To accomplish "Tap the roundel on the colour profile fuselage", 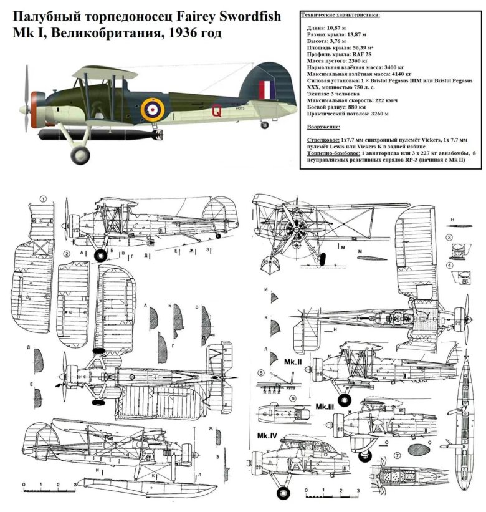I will coord(151,109).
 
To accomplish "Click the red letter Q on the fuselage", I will coord(217,112).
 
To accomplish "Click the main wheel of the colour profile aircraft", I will coord(80,155).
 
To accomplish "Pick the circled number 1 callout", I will coord(43,200).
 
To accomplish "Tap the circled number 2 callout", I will coord(66,254).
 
